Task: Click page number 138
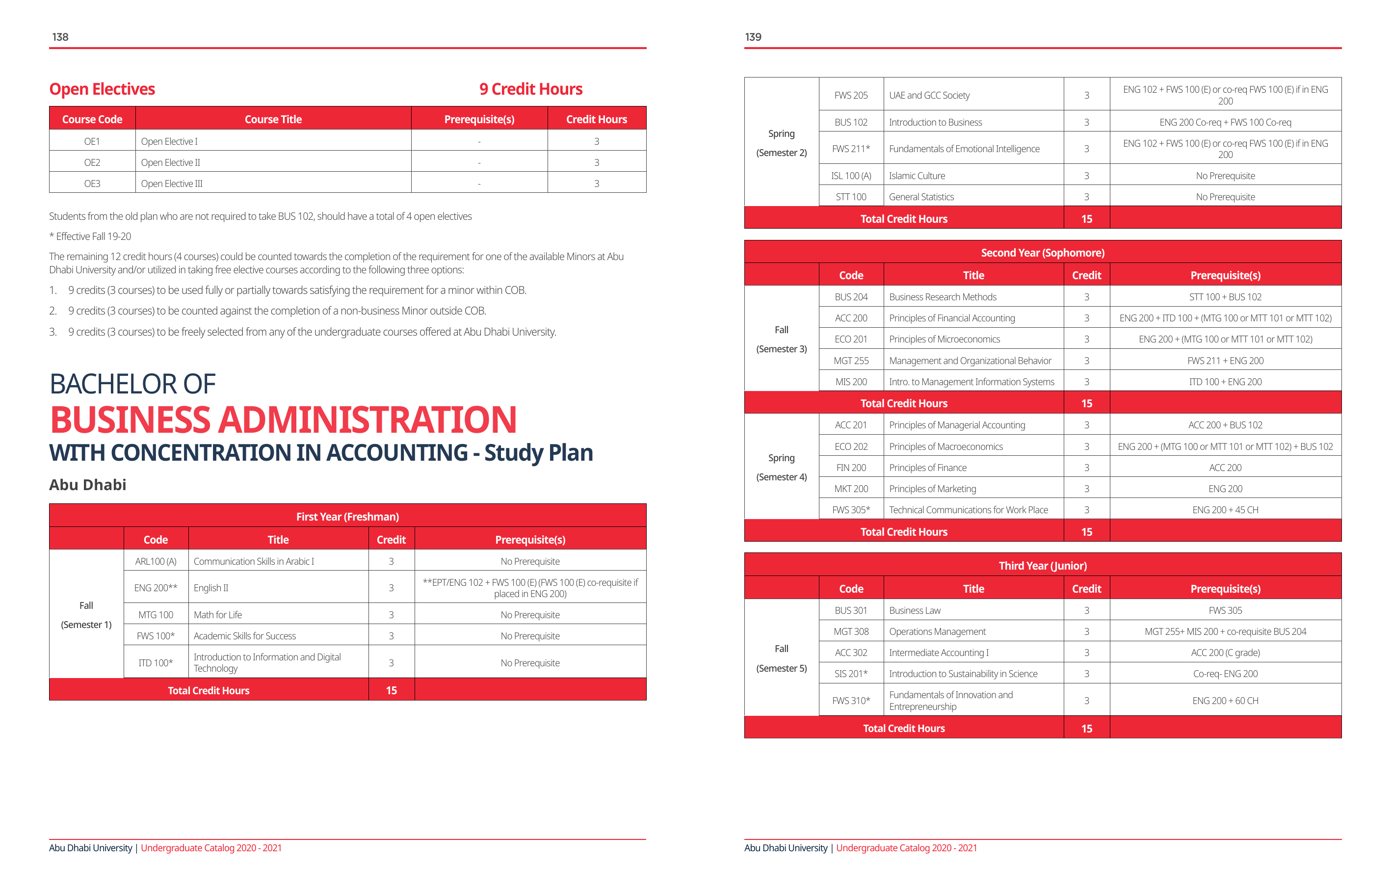click(x=60, y=37)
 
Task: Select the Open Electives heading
click(x=102, y=89)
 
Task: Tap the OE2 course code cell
click(x=92, y=162)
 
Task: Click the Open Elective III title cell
click(x=172, y=183)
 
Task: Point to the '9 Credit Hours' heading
click(x=530, y=89)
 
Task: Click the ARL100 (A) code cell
click(x=156, y=561)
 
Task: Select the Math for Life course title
click(x=218, y=615)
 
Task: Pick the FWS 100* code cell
click(x=156, y=636)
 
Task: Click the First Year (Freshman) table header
click(x=347, y=517)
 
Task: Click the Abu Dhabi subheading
click(x=88, y=485)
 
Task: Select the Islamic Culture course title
click(x=917, y=176)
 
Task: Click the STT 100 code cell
click(x=851, y=197)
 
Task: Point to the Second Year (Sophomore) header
click(x=1042, y=253)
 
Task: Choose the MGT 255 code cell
click(x=851, y=361)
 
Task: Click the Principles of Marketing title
click(x=932, y=489)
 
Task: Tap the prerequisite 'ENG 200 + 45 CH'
click(x=1225, y=510)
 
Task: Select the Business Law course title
click(x=915, y=610)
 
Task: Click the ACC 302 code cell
click(x=851, y=653)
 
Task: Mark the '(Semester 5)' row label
click(x=781, y=668)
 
